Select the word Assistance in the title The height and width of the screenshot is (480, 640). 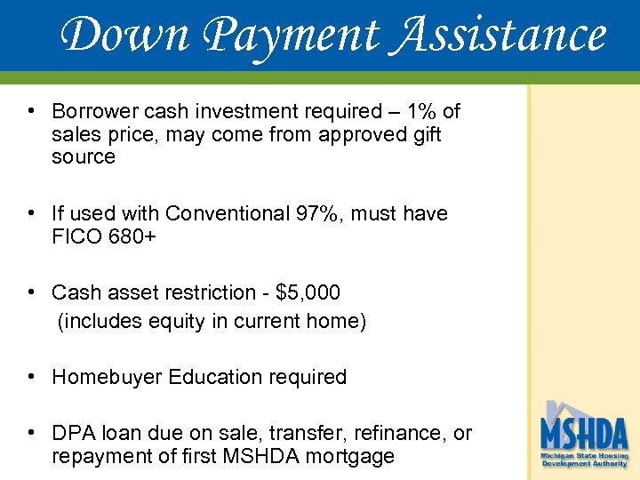[x=496, y=36]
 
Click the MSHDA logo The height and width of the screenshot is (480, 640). [x=584, y=436]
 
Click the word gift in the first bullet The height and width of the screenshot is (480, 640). [x=422, y=134]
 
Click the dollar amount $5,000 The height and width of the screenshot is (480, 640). [x=308, y=292]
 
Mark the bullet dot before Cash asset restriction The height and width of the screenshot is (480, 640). [x=31, y=292]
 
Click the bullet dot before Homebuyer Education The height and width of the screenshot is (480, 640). [x=31, y=377]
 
